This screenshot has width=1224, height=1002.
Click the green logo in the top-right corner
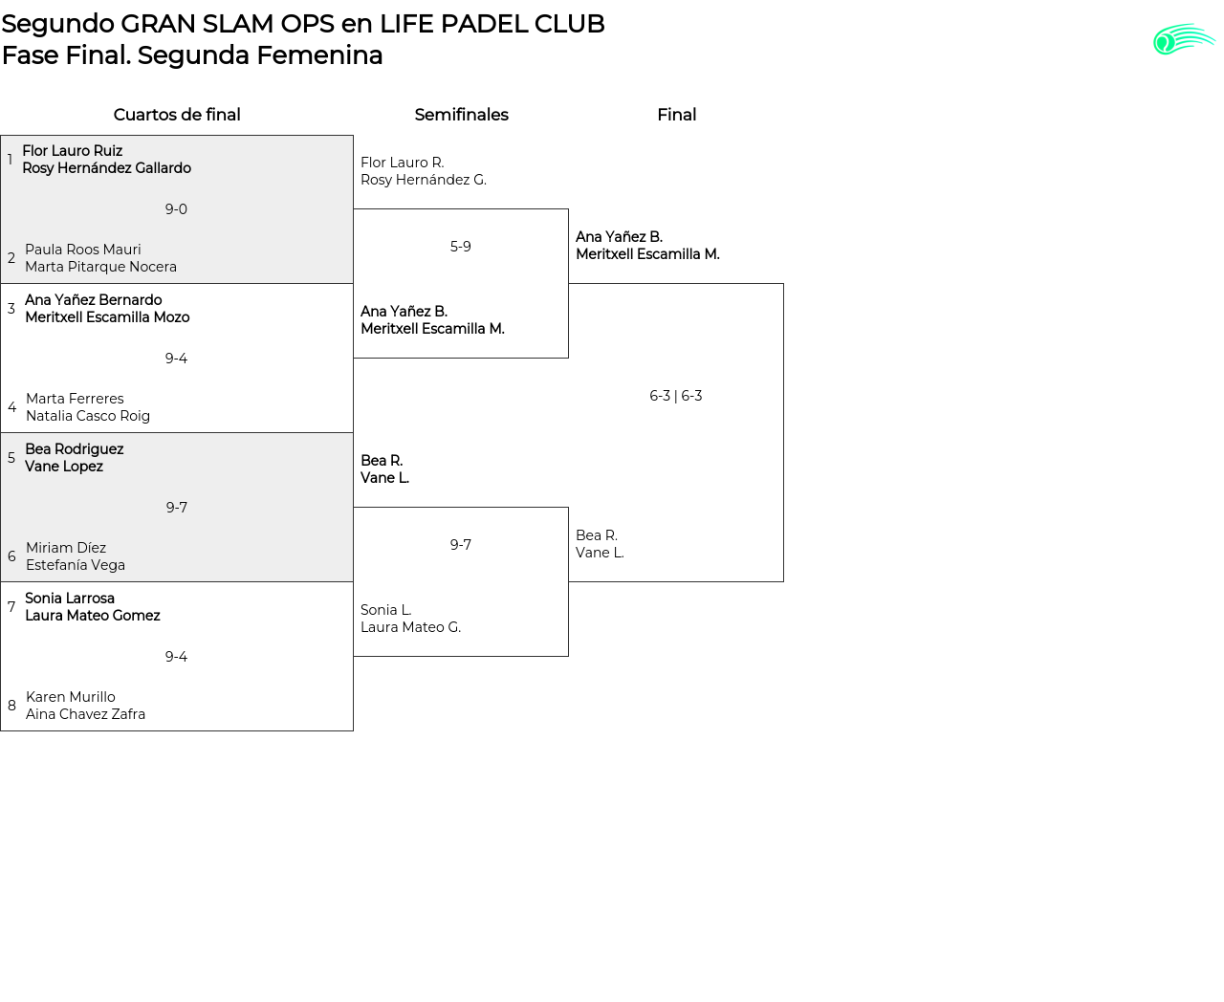point(1183,39)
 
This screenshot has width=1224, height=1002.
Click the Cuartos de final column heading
point(177,115)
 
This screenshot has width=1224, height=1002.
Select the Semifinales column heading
point(461,115)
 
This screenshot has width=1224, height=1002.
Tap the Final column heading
point(676,115)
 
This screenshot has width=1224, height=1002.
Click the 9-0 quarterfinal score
point(176,209)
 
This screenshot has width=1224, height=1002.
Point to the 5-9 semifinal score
point(460,247)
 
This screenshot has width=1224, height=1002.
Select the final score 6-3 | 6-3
point(675,396)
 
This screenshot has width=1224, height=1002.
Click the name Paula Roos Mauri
point(83,250)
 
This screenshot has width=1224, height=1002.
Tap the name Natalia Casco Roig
point(88,416)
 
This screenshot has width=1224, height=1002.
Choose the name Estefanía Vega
point(76,565)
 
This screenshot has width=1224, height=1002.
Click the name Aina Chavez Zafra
point(86,714)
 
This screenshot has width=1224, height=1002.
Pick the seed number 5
point(11,458)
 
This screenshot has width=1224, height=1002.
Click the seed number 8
point(11,706)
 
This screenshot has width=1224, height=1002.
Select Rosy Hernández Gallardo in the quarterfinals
point(106,168)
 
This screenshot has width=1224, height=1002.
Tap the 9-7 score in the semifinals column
point(460,545)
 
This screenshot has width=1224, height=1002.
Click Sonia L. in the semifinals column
point(386,610)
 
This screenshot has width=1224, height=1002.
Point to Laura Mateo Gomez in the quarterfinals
point(93,616)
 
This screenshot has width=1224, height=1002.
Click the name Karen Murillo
point(71,697)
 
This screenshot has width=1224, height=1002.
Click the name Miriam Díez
point(66,548)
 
